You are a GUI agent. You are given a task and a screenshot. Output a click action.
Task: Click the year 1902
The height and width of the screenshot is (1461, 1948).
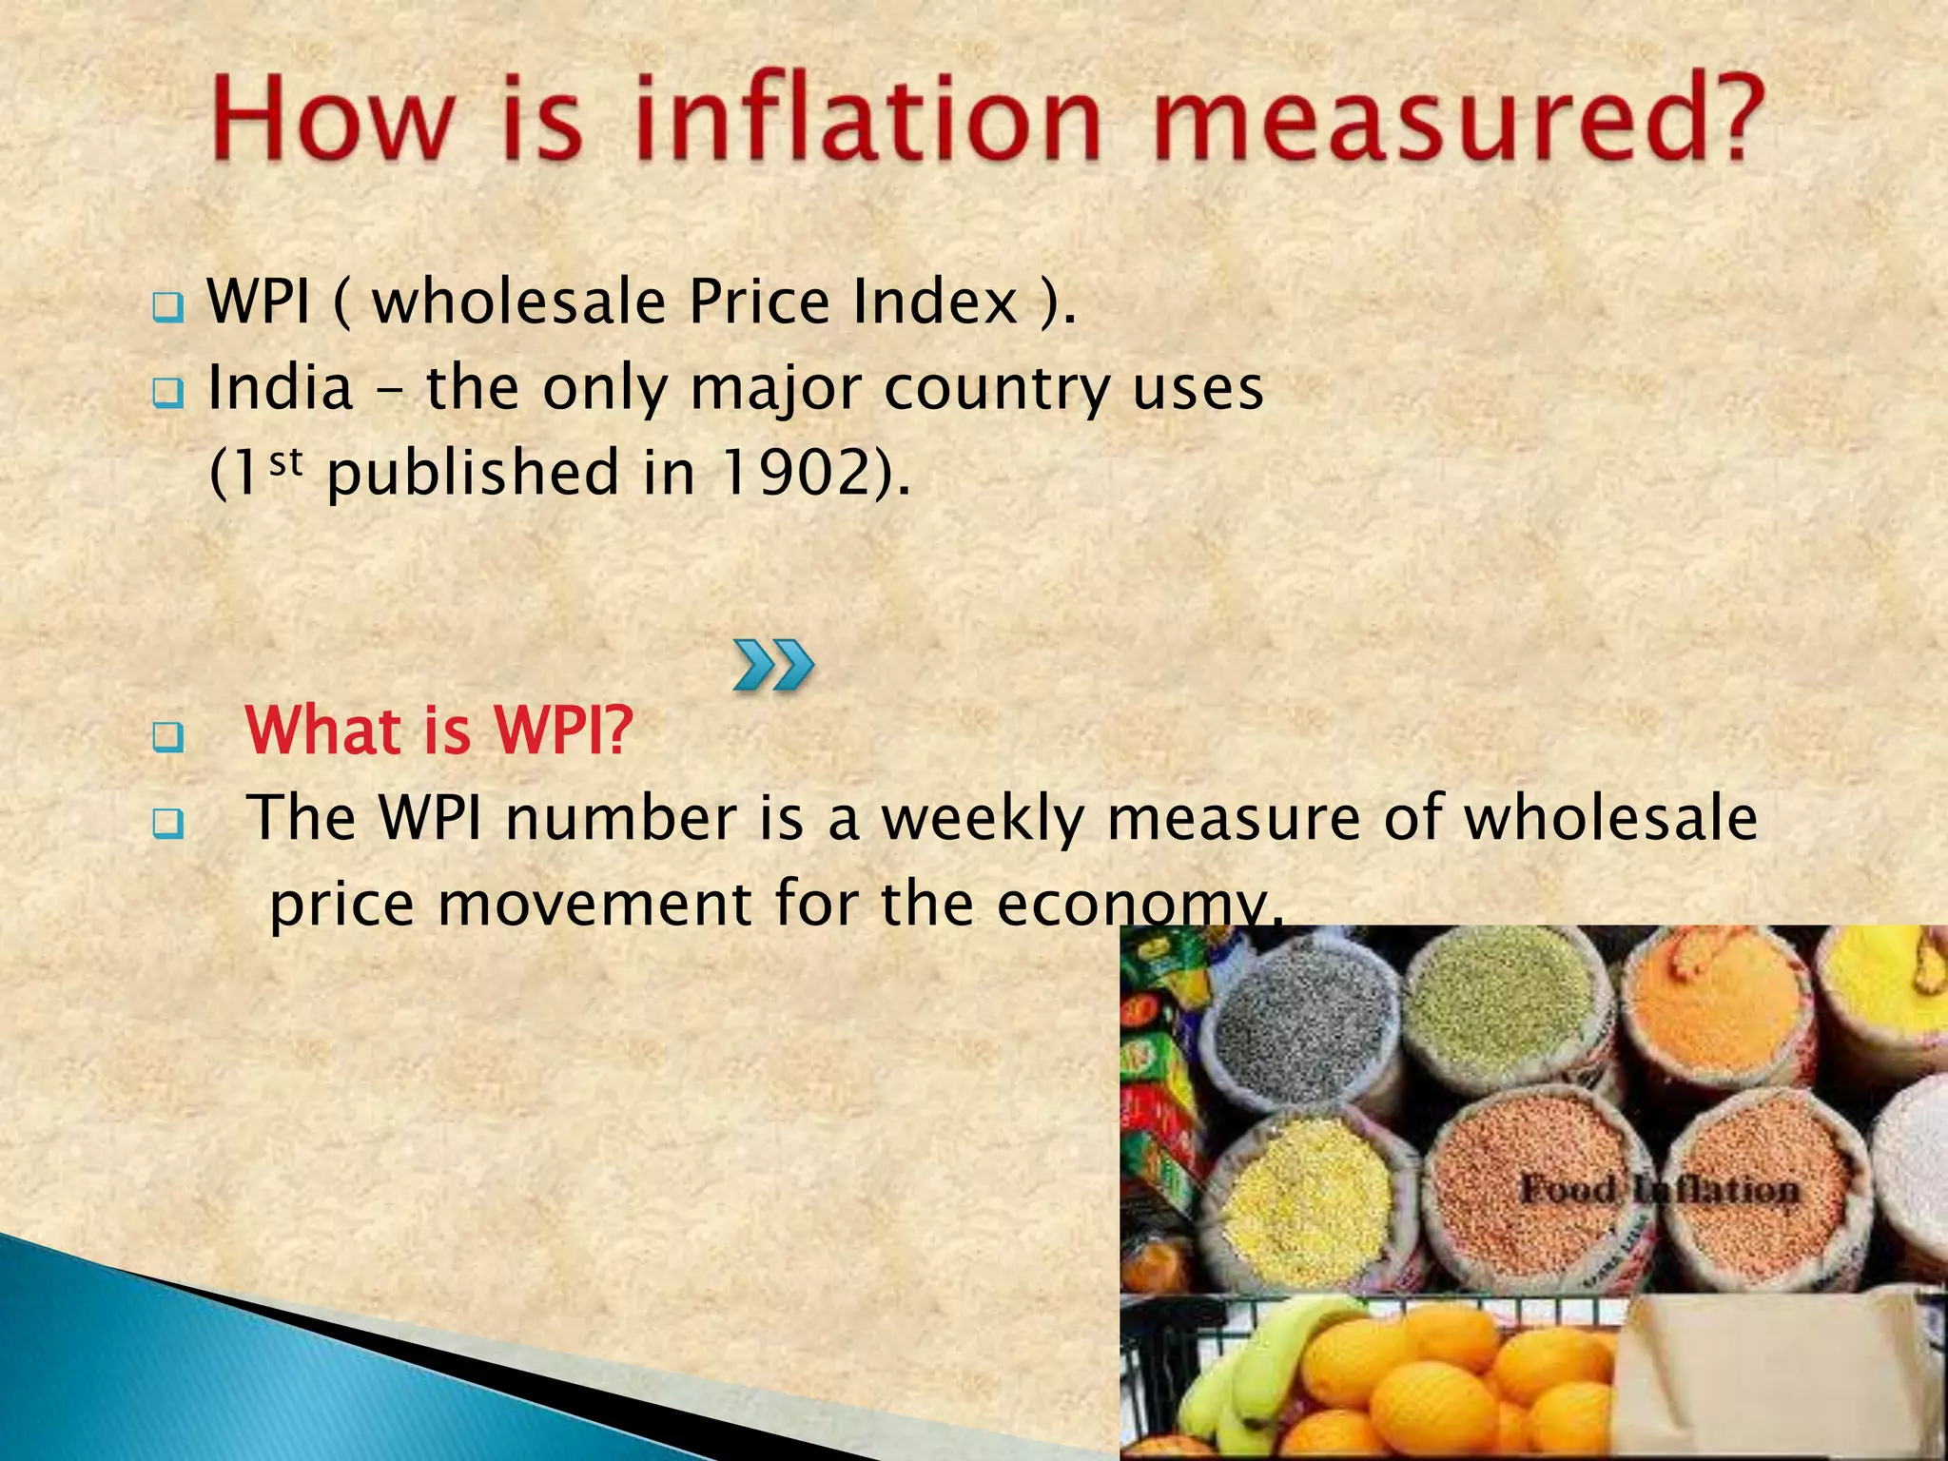coord(795,473)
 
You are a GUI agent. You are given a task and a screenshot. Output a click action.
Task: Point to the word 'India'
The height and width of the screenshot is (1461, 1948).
coord(280,389)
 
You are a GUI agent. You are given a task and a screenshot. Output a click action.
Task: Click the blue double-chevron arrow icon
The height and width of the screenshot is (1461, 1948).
coord(773,665)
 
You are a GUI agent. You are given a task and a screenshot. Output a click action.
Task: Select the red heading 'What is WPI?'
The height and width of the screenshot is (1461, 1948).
coord(439,730)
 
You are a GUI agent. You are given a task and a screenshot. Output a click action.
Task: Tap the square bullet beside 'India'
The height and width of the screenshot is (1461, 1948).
coord(167,393)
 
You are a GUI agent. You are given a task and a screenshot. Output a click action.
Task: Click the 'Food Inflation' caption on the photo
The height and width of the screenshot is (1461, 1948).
coord(1659,1190)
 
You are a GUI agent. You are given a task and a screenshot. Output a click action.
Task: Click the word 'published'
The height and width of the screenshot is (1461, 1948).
coord(473,473)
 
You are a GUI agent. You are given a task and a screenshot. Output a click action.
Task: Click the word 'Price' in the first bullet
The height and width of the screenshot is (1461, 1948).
coord(760,302)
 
